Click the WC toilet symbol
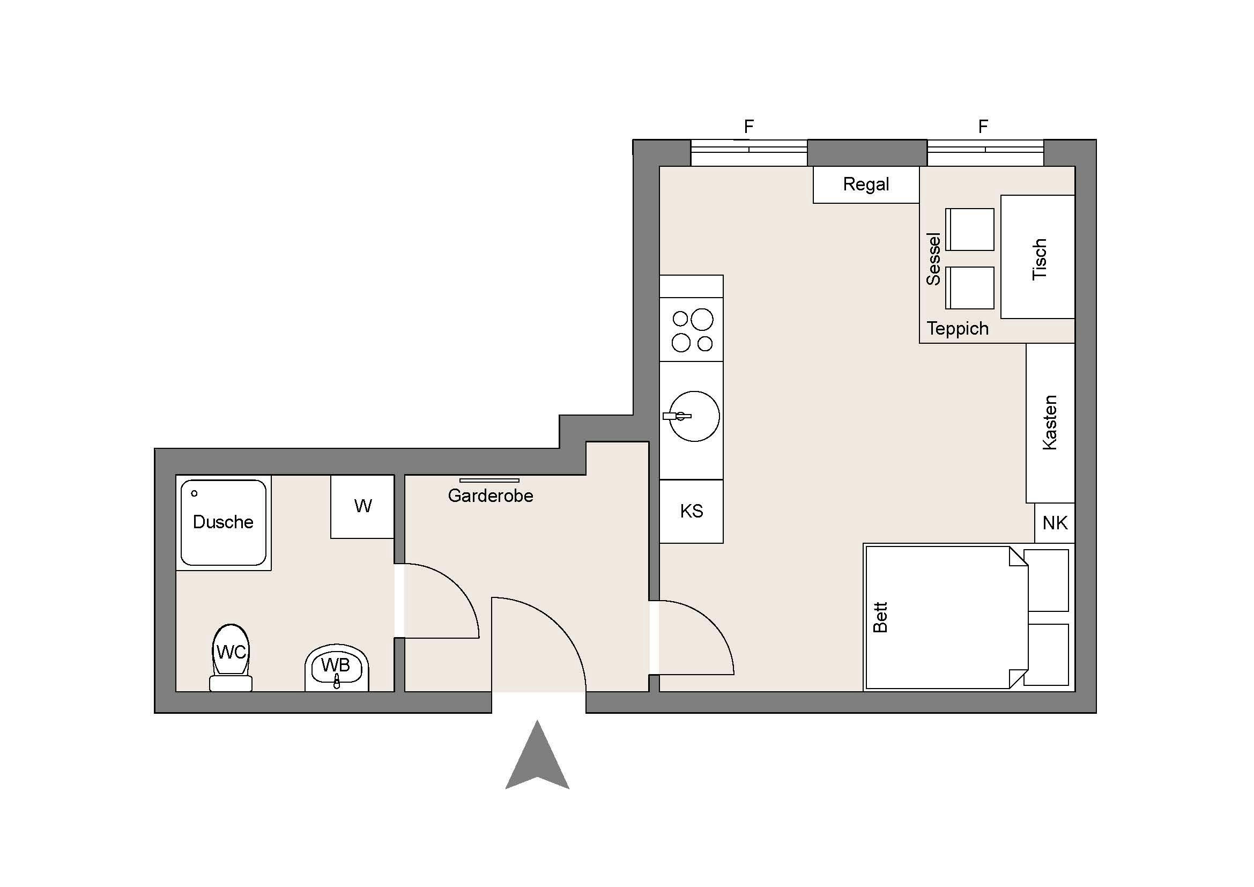pyautogui.click(x=231, y=657)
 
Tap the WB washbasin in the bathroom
pyautogui.click(x=337, y=668)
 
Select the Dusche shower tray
pyautogui.click(x=224, y=523)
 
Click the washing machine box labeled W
pyautogui.click(x=362, y=507)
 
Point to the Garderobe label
pyautogui.click(x=491, y=496)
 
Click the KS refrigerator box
pyautogui.click(x=692, y=511)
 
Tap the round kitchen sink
pyautogui.click(x=694, y=416)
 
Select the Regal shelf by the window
pyautogui.click(x=866, y=184)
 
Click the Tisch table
pyautogui.click(x=1038, y=257)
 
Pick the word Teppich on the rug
pyautogui.click(x=958, y=329)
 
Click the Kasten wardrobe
pyautogui.click(x=1050, y=423)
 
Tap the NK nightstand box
pyautogui.click(x=1055, y=523)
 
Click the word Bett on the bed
pyautogui.click(x=880, y=617)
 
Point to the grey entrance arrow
pyautogui.click(x=537, y=757)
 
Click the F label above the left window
pyautogui.click(x=749, y=127)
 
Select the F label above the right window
pyautogui.click(x=983, y=127)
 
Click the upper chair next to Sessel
pyautogui.click(x=970, y=230)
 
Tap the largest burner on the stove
pyautogui.click(x=702, y=320)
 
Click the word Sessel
pyautogui.click(x=934, y=259)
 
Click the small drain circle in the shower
pyautogui.click(x=194, y=493)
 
